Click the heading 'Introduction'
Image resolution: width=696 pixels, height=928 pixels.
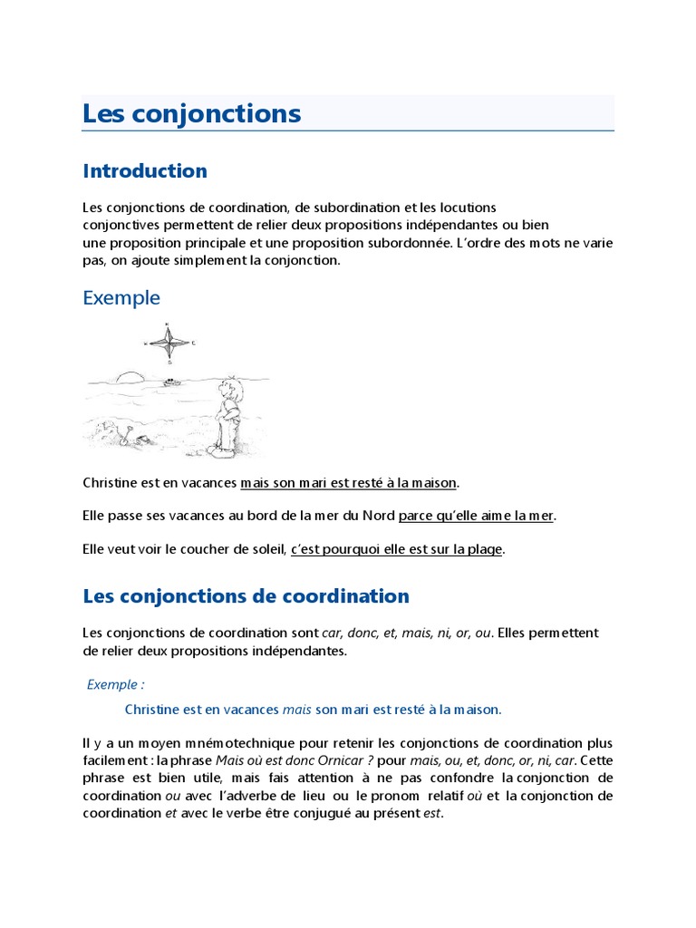click(x=145, y=170)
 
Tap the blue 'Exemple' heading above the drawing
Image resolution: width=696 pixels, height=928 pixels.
click(x=121, y=297)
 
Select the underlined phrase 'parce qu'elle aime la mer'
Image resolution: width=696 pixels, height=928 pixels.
click(x=475, y=516)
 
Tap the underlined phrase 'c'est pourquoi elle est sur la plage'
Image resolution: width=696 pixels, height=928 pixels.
click(x=396, y=549)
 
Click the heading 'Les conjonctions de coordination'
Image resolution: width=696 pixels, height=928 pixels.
click(x=246, y=596)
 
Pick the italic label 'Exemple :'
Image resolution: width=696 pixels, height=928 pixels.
click(x=116, y=684)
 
